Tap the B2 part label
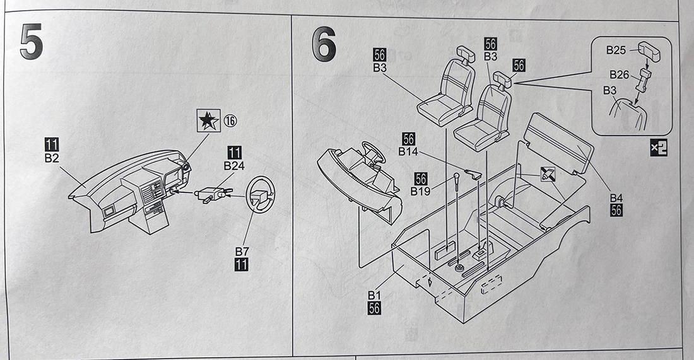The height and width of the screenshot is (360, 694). pyautogui.click(x=52, y=158)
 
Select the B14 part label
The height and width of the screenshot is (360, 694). pyautogui.click(x=408, y=151)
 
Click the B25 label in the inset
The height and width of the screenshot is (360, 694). pyautogui.click(x=616, y=49)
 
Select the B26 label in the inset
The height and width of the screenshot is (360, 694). pyautogui.click(x=619, y=74)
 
